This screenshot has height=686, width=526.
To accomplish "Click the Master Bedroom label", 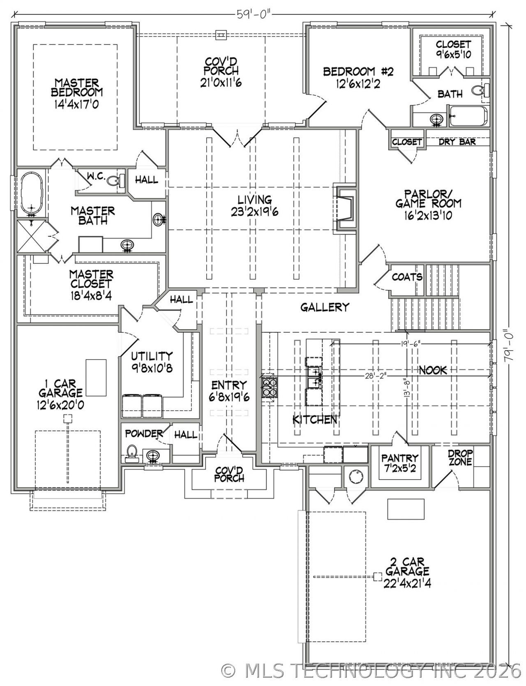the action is (x=77, y=93).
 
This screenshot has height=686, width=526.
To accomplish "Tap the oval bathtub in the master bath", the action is (x=31, y=194).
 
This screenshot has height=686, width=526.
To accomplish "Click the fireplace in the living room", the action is (x=344, y=207).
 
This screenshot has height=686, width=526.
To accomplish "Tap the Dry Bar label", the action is (x=457, y=142).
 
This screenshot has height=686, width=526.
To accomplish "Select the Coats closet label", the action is (x=407, y=277).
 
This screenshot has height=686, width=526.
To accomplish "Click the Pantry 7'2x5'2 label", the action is (x=399, y=463).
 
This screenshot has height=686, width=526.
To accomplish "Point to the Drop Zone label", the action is (x=460, y=457).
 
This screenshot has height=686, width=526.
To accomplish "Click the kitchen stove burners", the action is (x=269, y=387).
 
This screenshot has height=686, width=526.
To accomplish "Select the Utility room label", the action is (x=152, y=361).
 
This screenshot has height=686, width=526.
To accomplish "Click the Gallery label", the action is (x=325, y=307).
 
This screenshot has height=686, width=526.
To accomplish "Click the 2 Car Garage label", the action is (x=407, y=572).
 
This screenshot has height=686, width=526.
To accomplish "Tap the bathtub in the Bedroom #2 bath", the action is (x=468, y=116).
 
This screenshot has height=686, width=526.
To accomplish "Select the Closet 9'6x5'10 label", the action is (x=453, y=49).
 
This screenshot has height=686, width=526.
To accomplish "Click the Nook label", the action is (x=433, y=370).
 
